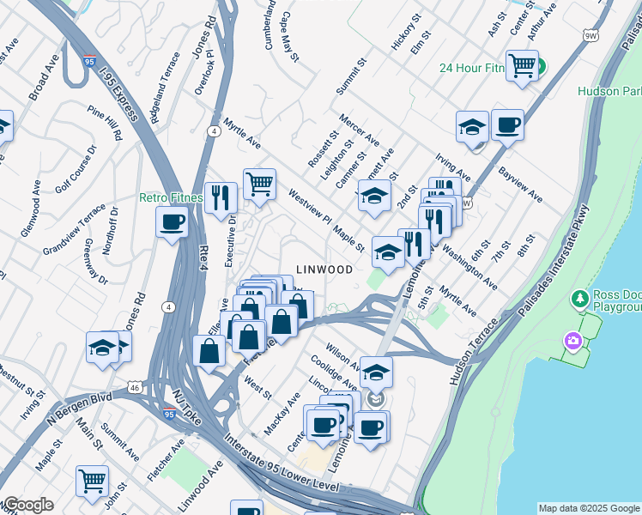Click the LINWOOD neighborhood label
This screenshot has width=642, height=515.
pos(324,270)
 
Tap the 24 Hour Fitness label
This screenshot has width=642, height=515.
pos(472,69)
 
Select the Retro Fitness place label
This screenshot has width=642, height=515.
pos(171,197)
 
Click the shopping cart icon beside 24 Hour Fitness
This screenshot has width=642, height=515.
pos(522,65)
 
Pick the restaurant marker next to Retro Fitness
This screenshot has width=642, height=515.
pos(221,198)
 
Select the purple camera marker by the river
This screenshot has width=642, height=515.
pos(572,342)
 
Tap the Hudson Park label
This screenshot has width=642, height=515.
pos(609,90)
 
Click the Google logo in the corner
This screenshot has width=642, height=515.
pos(28,505)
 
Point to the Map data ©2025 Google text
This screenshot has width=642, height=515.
pos(588,508)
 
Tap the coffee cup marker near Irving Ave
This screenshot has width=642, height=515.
pos(506,124)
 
